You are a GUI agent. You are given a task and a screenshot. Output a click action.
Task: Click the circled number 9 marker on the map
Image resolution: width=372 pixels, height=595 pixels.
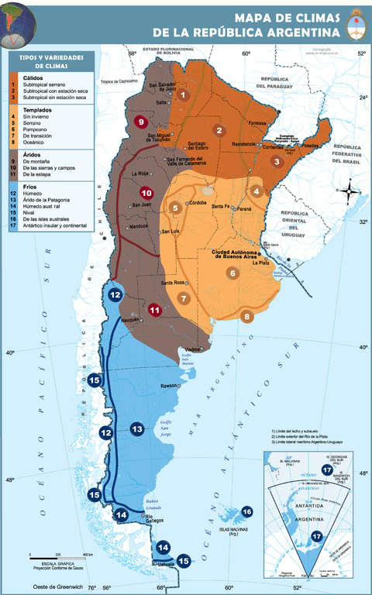[140, 122]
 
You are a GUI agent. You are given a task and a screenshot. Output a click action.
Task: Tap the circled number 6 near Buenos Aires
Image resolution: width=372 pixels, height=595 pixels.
[232, 273]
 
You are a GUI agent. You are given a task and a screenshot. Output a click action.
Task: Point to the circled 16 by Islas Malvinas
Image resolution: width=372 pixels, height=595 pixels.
[246, 511]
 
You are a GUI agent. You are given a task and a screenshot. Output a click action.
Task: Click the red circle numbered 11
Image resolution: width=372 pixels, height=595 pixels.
[155, 310]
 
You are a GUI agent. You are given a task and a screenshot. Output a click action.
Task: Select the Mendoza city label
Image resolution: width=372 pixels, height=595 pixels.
[139, 226]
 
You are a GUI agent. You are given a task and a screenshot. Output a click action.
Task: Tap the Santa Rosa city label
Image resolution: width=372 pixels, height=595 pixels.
[177, 283]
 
